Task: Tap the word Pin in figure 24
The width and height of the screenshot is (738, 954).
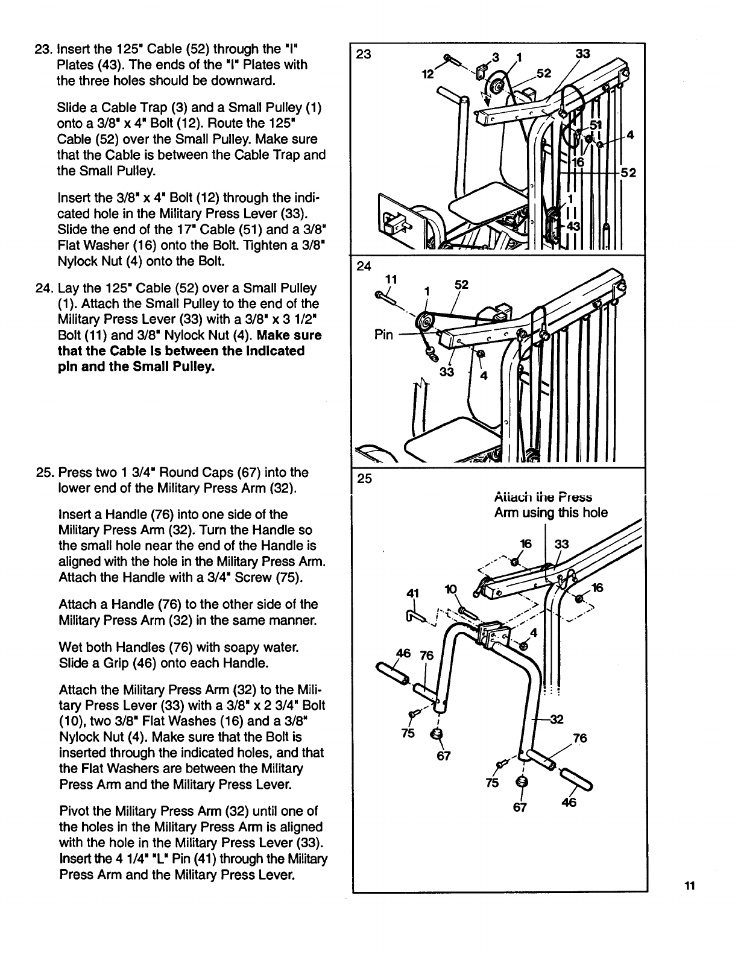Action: coord(383,335)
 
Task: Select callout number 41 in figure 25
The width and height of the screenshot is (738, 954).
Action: coord(412,593)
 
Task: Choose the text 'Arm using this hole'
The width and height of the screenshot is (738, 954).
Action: coord(550,513)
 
